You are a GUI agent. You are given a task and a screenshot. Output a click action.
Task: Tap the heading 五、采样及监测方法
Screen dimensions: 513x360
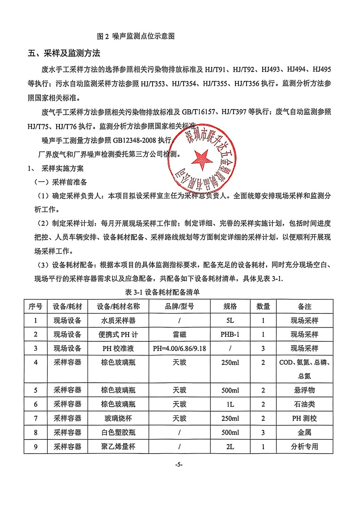click(x=64, y=53)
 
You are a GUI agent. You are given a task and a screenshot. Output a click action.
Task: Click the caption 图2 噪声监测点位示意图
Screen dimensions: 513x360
click(x=136, y=36)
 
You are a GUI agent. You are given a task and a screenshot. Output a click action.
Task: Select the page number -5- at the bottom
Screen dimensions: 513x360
click(x=179, y=464)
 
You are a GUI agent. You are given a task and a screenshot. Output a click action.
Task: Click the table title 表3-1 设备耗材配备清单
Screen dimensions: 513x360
click(x=162, y=292)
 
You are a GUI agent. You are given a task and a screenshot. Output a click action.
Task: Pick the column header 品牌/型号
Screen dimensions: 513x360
click(x=179, y=306)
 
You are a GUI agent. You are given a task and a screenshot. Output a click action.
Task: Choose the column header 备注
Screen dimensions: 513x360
click(x=304, y=306)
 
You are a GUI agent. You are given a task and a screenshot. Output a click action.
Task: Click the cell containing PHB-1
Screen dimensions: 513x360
click(x=230, y=334)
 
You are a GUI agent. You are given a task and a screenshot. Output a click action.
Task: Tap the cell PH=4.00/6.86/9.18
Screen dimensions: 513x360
click(x=179, y=349)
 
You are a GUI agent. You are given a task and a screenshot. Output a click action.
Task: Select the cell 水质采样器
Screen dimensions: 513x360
click(x=118, y=321)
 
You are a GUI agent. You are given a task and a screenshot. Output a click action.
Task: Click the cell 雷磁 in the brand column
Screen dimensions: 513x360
click(x=179, y=334)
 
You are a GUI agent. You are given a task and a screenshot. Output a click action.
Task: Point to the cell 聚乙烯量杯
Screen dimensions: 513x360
click(x=118, y=446)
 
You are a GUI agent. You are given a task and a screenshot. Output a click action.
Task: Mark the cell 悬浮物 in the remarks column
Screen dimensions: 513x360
click(x=304, y=390)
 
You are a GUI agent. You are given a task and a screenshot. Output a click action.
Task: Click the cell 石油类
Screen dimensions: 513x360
click(x=304, y=404)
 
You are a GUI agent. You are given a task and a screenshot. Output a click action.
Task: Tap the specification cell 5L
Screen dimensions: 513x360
click(x=230, y=321)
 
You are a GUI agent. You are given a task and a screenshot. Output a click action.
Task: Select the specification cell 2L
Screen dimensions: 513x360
click(x=230, y=446)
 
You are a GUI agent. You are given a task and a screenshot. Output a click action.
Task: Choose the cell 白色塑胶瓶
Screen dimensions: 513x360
click(x=118, y=432)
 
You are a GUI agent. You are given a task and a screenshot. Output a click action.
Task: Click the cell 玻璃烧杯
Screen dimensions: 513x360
click(x=118, y=418)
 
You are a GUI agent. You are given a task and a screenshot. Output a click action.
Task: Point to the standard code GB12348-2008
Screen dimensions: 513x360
click(x=134, y=140)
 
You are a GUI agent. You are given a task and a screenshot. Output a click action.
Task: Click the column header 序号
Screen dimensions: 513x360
click(x=36, y=306)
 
